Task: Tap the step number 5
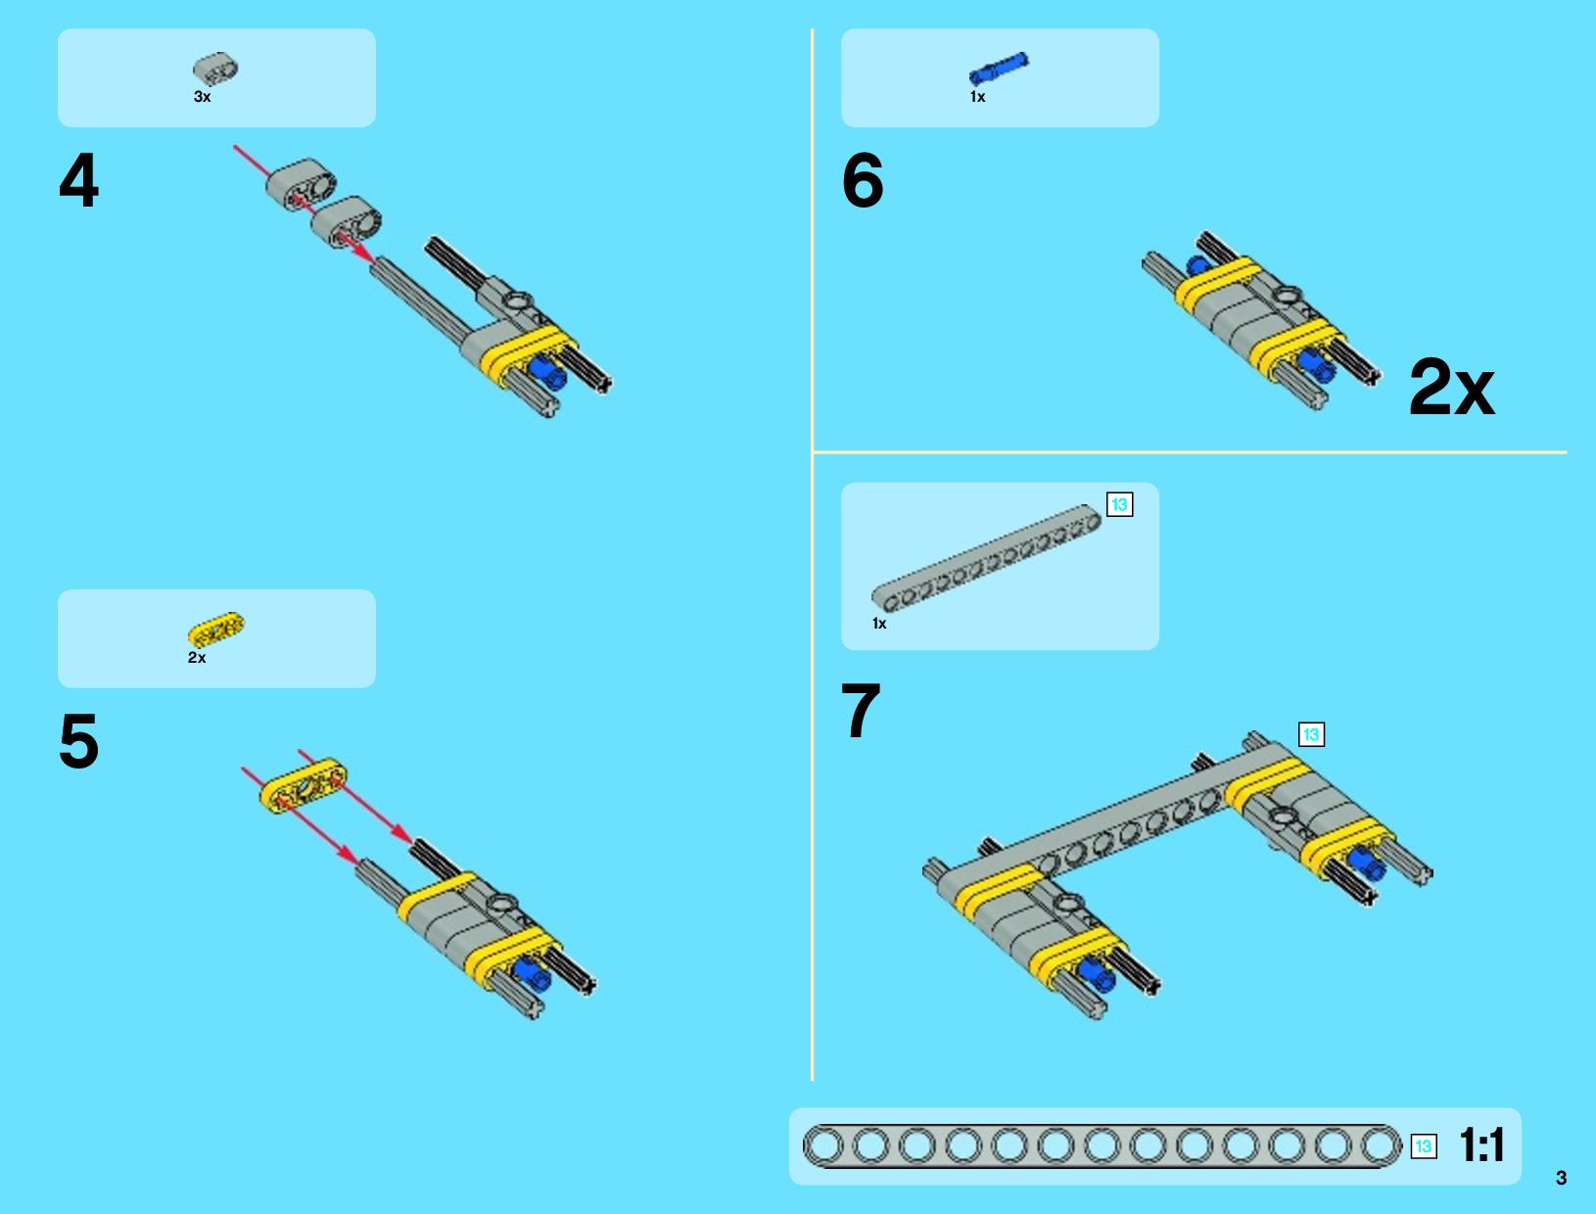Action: point(78,741)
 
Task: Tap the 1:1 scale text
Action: point(1481,1145)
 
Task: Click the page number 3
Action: point(1561,1178)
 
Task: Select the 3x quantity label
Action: point(202,97)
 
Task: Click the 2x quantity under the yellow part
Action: point(197,658)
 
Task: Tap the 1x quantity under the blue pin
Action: point(978,97)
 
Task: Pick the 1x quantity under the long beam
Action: point(880,624)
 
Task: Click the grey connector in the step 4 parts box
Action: point(216,70)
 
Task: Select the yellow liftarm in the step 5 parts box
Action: point(216,630)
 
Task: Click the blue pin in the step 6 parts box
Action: point(999,69)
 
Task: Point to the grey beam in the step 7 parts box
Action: point(987,558)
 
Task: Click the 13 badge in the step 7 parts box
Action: point(1120,504)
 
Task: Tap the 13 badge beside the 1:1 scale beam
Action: point(1424,1146)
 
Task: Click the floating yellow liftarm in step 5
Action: point(304,786)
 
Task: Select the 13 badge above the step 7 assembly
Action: point(1312,734)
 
